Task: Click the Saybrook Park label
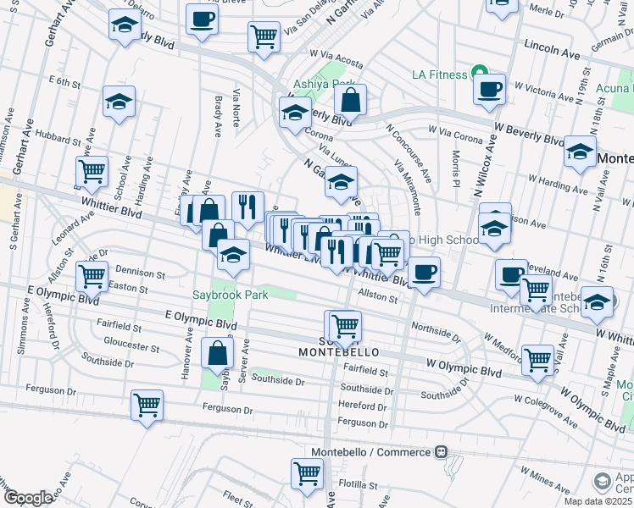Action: tap(253, 295)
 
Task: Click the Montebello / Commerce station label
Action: tap(370, 453)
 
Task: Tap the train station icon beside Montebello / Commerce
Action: tap(441, 453)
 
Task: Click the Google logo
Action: tap(28, 498)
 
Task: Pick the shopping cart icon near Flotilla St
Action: tap(307, 473)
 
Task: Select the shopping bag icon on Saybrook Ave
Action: tap(218, 352)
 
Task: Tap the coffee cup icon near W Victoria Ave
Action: tap(490, 88)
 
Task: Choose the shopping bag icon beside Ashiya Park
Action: tap(350, 99)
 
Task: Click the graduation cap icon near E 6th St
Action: tap(119, 102)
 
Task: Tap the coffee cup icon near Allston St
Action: tap(425, 272)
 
